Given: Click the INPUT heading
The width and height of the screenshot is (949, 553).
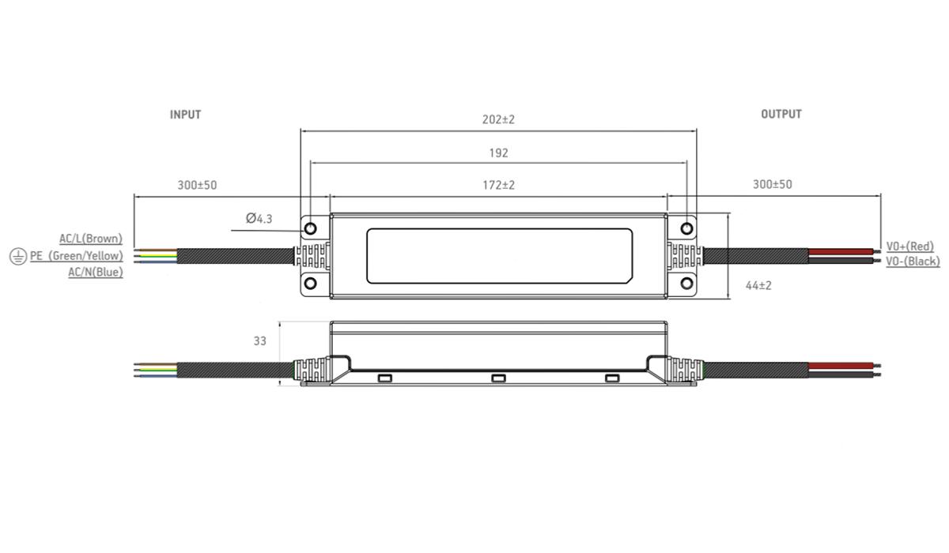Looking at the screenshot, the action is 185,115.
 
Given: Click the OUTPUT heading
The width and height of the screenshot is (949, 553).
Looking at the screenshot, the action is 781,115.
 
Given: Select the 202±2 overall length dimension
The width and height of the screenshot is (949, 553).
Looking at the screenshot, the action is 498,120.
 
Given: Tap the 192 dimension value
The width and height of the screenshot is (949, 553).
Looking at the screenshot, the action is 499,152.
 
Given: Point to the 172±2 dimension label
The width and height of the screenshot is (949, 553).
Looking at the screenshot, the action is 499,186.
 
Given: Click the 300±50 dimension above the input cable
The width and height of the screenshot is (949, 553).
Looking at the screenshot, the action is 197,186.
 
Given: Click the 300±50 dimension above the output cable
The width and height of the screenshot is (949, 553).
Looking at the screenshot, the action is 773,185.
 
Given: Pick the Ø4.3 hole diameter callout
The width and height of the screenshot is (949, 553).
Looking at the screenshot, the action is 259,218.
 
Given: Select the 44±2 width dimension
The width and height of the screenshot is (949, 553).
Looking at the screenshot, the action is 758,286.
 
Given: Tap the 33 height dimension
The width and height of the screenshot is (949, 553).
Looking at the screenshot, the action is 259,341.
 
